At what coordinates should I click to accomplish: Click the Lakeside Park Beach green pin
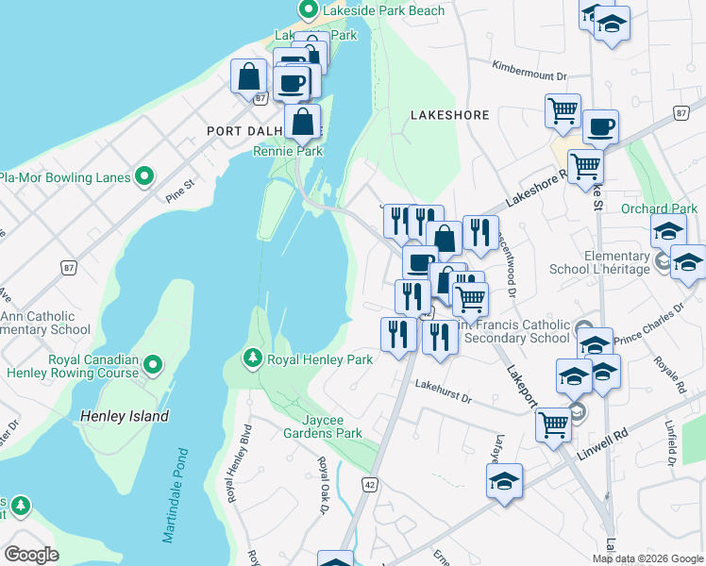(308, 10)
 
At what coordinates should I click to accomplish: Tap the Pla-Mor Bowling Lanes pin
(144, 176)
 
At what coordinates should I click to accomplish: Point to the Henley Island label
(125, 416)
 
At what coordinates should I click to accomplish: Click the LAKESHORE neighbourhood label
(450, 115)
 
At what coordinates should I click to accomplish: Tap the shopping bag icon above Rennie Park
(303, 123)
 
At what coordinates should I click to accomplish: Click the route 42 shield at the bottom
(369, 484)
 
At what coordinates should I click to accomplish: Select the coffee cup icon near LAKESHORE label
(600, 126)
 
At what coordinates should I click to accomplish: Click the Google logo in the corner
(31, 555)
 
